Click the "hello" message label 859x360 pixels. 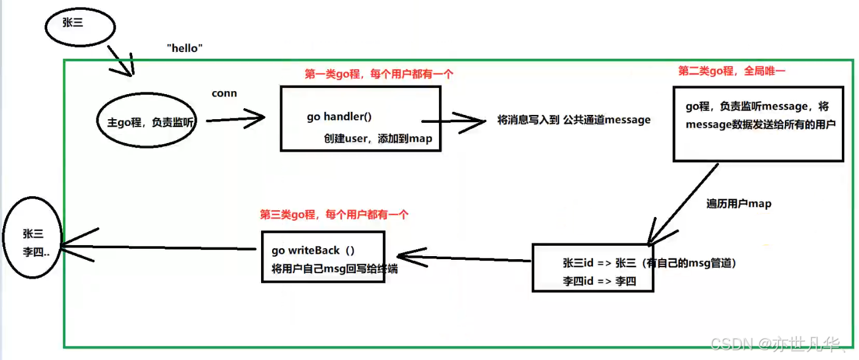[185, 48]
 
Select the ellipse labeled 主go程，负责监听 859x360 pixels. [147, 93]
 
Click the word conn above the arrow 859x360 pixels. [224, 93]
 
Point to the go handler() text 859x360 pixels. [339, 117]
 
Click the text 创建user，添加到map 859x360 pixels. [378, 138]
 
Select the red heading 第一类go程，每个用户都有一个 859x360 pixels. [379, 73]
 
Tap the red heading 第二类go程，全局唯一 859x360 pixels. [732, 71]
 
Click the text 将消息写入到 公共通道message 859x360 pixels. [573, 120]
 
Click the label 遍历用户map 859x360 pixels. [739, 204]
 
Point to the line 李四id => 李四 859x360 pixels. [599, 281]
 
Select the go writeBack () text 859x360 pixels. [313, 251]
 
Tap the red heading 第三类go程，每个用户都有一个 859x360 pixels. [334, 215]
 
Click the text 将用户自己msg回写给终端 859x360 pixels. [334, 269]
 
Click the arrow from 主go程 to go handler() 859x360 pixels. [235, 119]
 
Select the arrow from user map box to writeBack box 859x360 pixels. [464, 258]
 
